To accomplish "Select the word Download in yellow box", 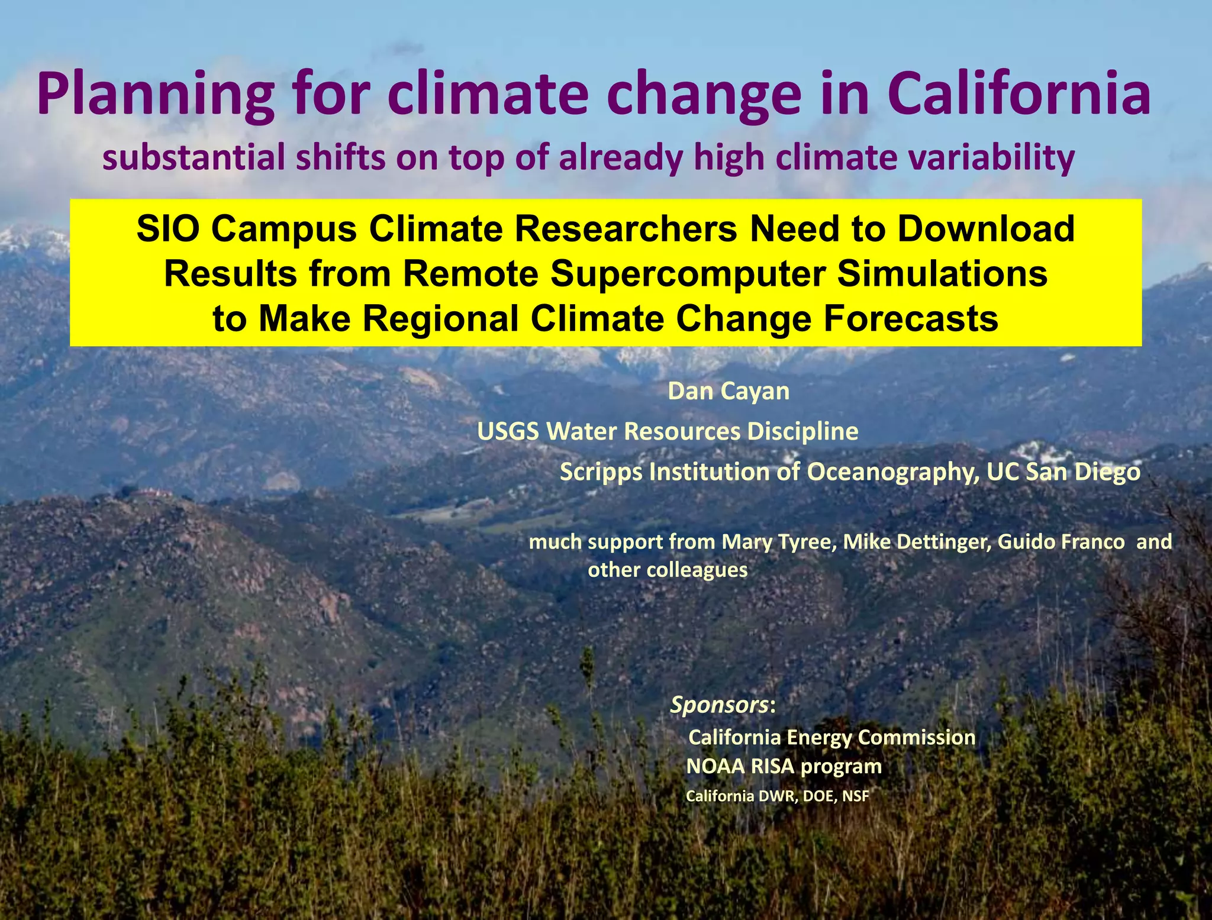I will click(x=985, y=229).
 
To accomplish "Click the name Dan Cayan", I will click(x=729, y=392).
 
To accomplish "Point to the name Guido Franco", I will click(x=1061, y=542).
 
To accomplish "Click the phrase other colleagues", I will click(x=668, y=570).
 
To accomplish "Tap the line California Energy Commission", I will click(x=831, y=738).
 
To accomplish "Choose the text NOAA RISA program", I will click(x=784, y=767).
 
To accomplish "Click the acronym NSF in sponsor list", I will click(x=855, y=796).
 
